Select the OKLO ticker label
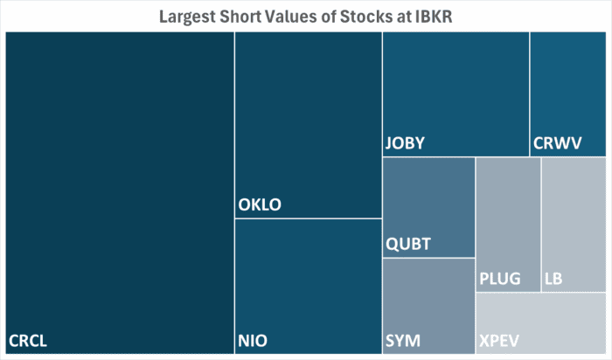[x=261, y=206]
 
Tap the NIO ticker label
[x=254, y=340]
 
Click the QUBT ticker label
[x=408, y=244]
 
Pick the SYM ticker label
[x=401, y=340]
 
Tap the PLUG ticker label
[x=500, y=280]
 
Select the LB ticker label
[x=553, y=280]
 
